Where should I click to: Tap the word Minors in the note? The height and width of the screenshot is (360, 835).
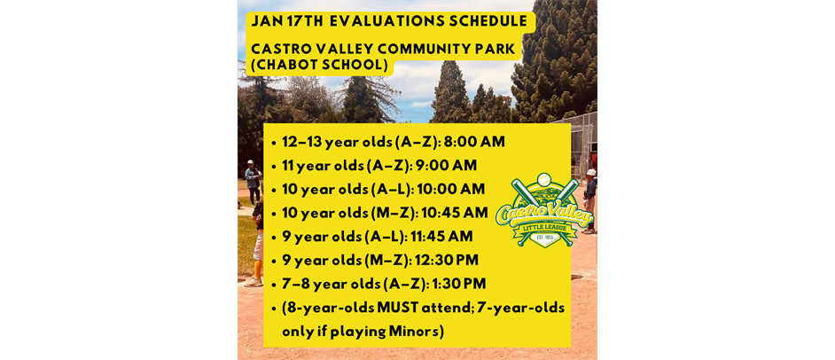412,331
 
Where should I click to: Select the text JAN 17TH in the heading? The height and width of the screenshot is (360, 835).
283,20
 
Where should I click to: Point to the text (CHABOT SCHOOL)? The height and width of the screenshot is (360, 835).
316,66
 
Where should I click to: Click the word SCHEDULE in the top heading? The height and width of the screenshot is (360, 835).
483,20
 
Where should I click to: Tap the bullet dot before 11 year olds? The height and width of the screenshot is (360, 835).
274,166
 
